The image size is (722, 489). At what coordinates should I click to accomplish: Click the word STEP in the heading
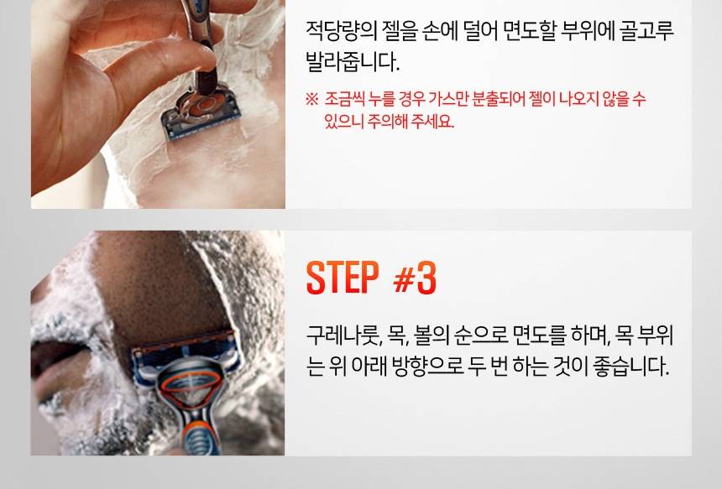tap(343, 278)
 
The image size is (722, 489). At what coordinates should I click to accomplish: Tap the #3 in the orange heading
tap(415, 278)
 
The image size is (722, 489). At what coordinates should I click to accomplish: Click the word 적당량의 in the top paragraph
tap(342, 31)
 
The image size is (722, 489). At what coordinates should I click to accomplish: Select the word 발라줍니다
tap(353, 61)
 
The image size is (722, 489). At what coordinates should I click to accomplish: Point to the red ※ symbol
tap(311, 99)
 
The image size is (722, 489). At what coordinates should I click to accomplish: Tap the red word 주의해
tap(388, 122)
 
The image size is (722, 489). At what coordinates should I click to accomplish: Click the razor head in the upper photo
tap(201, 112)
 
